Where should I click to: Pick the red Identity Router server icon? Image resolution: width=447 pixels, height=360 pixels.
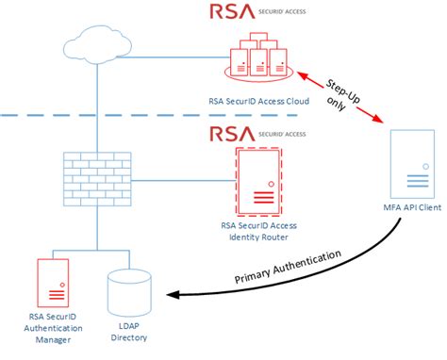[256, 180]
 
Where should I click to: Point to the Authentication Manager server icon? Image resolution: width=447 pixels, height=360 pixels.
[52, 285]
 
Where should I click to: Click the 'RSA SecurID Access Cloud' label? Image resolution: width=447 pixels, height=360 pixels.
[258, 99]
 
